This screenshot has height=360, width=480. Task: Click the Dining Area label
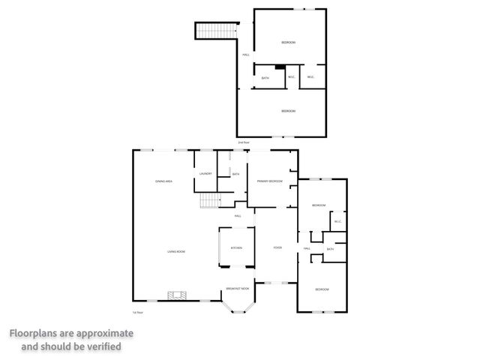pos(164,182)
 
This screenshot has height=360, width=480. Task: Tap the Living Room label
pos(176,251)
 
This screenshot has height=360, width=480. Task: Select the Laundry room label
pos(205,174)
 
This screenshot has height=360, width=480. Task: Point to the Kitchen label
pos(236,247)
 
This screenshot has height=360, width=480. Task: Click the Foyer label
pos(277,247)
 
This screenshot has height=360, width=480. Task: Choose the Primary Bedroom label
pos(269,181)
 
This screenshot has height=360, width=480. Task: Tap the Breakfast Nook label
pos(238,289)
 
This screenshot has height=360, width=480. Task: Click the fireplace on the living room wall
pos(177,295)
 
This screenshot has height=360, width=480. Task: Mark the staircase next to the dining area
pos(208,201)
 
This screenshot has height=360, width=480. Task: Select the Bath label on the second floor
pos(265,78)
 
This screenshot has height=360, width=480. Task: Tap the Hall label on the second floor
pos(245,55)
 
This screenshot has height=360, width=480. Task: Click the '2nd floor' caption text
pos(242,142)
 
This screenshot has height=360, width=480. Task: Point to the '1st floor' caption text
pos(137,312)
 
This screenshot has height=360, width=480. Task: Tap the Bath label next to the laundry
pos(235,175)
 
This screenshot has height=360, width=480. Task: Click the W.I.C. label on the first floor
pos(337,220)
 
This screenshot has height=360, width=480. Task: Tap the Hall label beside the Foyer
pos(307,248)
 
